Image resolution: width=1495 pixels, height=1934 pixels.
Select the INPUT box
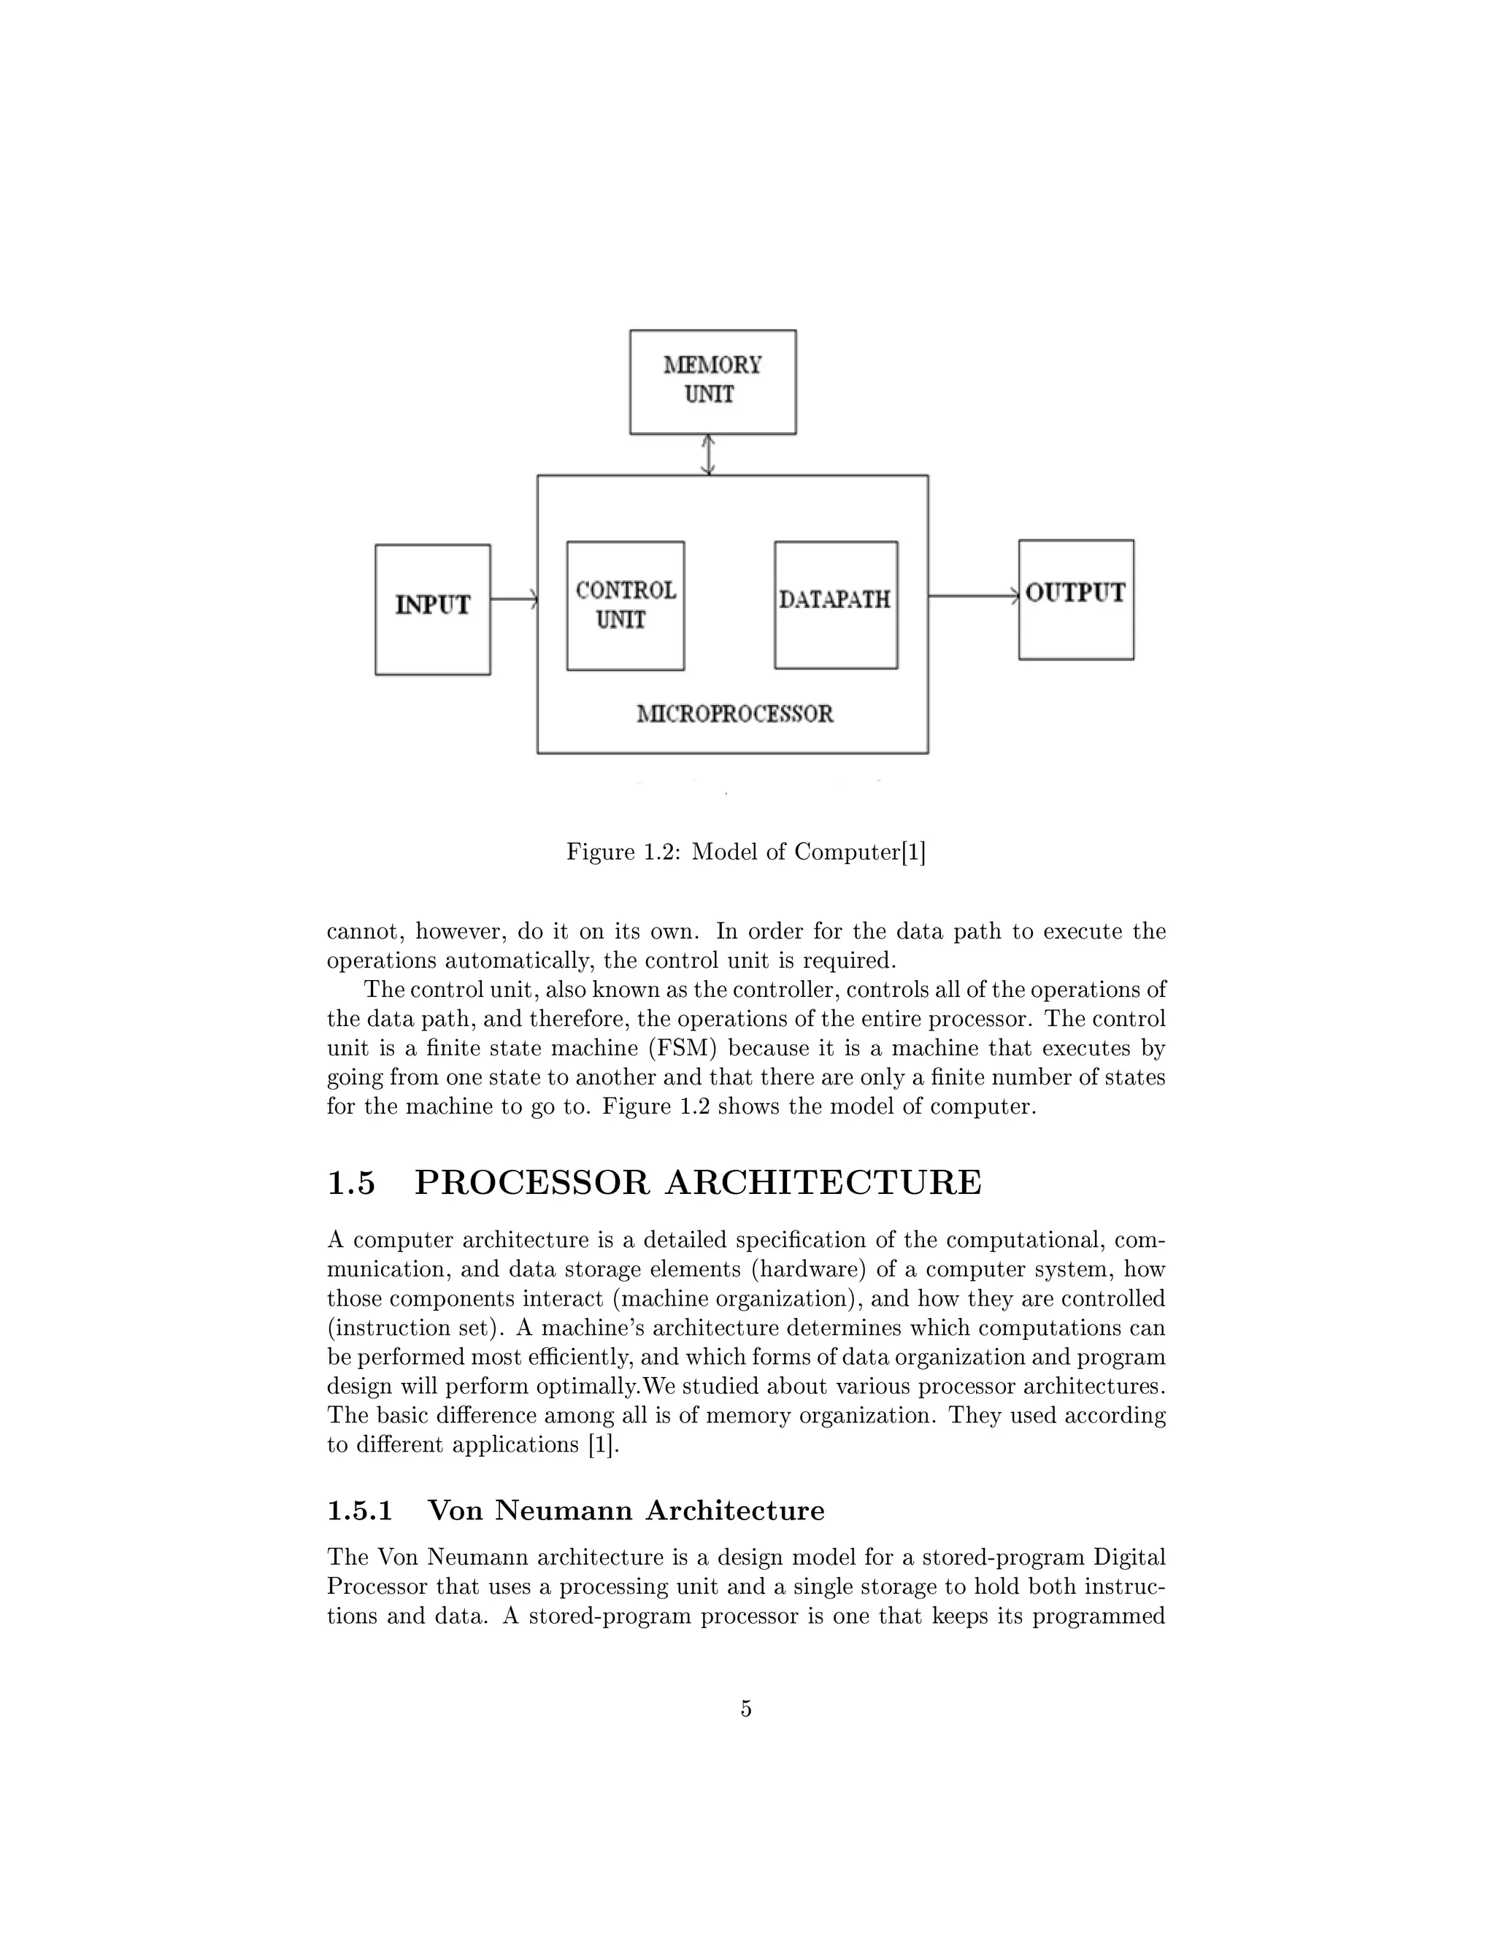click(x=432, y=609)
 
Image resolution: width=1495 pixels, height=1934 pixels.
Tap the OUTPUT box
click(x=1075, y=599)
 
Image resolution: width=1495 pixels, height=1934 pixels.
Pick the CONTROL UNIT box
click(x=626, y=606)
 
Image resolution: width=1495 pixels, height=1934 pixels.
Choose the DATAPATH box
click(x=835, y=605)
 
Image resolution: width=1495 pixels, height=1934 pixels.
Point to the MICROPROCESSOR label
click(x=735, y=714)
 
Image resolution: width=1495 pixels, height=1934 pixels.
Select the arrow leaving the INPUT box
click(x=514, y=599)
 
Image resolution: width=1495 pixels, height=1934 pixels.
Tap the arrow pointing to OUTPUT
click(x=972, y=596)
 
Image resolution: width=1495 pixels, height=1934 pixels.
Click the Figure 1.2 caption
click(x=746, y=852)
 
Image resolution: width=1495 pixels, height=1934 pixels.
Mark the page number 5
click(x=746, y=1708)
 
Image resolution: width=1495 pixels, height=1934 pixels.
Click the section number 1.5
click(x=352, y=1183)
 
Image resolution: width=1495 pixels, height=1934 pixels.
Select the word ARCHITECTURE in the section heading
click(x=823, y=1183)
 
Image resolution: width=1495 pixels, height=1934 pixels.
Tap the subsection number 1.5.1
click(x=360, y=1511)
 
